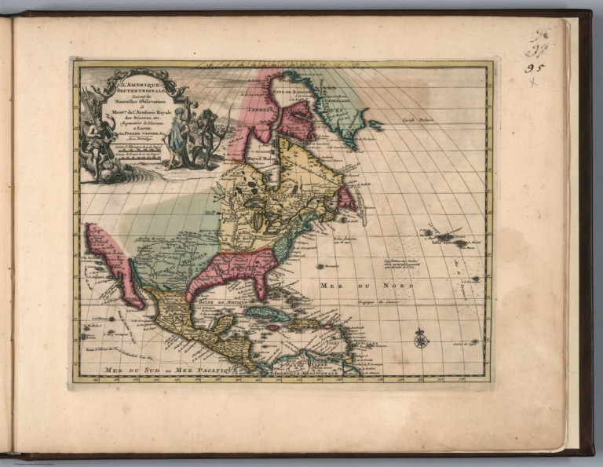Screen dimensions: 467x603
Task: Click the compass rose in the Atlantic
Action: [x=421, y=338]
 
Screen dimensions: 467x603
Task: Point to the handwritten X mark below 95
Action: [x=534, y=82]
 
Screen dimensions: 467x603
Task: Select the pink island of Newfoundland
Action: [x=345, y=198]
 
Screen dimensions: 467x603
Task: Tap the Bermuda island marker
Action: [x=323, y=267]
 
